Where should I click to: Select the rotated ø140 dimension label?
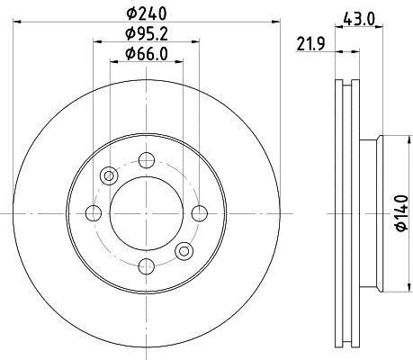click(x=398, y=213)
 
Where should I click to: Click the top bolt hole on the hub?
click(x=145, y=160)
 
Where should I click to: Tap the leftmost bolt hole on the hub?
click(x=93, y=212)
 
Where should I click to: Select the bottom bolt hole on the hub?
click(x=145, y=265)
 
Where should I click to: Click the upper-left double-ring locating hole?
click(x=108, y=175)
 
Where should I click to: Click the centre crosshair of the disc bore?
click(x=145, y=212)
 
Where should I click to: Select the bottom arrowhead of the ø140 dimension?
click(x=389, y=286)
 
